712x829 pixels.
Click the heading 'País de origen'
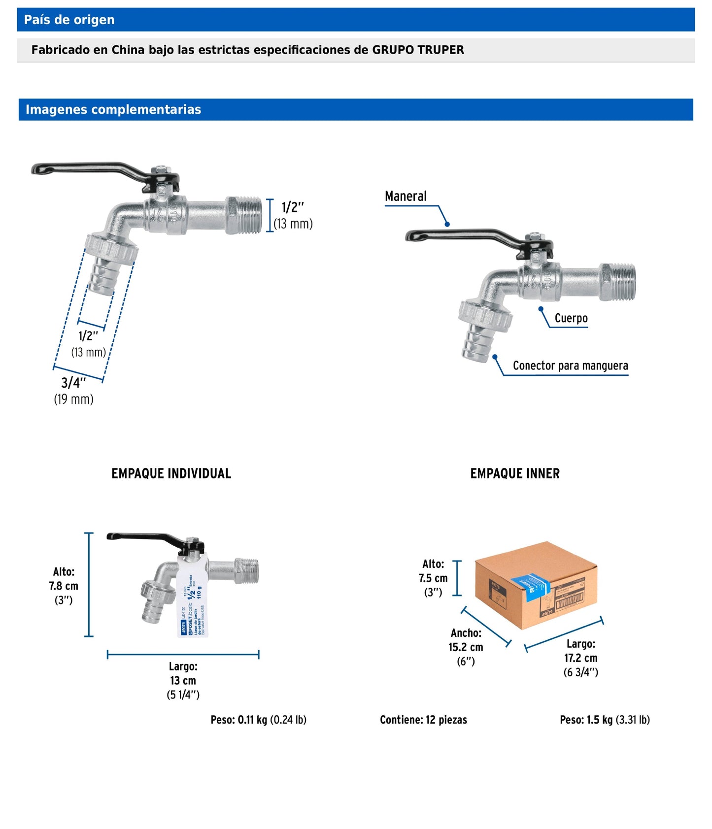[x=69, y=20]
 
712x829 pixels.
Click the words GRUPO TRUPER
[x=418, y=50]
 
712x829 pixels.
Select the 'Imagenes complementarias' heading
[x=113, y=109]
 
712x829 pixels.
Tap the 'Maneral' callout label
[x=406, y=196]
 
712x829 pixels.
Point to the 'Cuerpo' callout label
[x=571, y=318]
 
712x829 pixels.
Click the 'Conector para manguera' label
[x=570, y=365]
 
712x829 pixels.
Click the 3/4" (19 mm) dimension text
[x=74, y=391]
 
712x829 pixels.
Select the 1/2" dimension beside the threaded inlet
[x=293, y=215]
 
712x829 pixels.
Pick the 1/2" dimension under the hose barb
[x=89, y=343]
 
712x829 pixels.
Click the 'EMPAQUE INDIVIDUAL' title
[x=171, y=473]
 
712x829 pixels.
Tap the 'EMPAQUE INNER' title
[x=514, y=473]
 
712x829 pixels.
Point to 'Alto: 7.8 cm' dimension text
[x=64, y=586]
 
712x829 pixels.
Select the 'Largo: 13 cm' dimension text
[x=183, y=680]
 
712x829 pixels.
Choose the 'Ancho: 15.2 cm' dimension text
[x=465, y=647]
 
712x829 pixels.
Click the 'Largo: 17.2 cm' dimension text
[x=580, y=658]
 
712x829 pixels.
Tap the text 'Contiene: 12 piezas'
[x=423, y=720]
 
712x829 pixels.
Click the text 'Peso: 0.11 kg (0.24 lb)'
[x=258, y=720]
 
